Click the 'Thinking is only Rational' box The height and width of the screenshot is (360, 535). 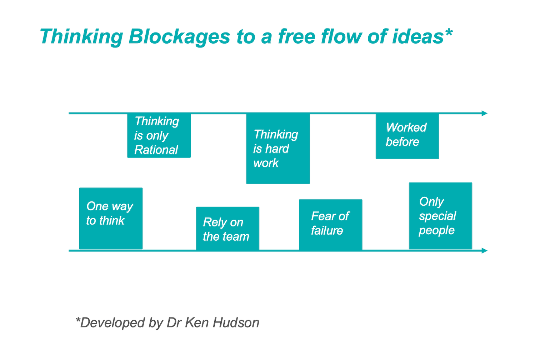pos(159,136)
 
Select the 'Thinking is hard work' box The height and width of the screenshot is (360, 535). pos(278,149)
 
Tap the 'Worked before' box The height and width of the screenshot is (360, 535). pos(407,136)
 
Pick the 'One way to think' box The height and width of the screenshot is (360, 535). pos(111,218)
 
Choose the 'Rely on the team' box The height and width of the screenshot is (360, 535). pos(227,229)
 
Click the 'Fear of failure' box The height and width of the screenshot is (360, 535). pos(330,225)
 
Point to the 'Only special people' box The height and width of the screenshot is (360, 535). pos(440,216)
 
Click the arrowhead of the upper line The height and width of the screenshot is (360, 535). pos(484,113)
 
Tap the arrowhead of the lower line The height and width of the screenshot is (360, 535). pos(484,251)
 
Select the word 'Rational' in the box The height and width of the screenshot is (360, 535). pos(156,150)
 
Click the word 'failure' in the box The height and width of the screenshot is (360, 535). pos(327,231)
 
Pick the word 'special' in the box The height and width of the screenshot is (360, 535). pos(437,216)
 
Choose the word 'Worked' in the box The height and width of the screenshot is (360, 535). pos(406,127)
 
